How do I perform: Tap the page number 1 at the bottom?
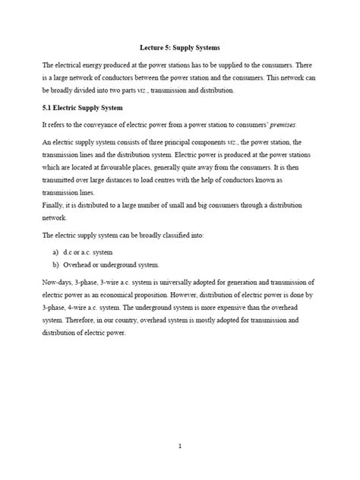click(x=179, y=447)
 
